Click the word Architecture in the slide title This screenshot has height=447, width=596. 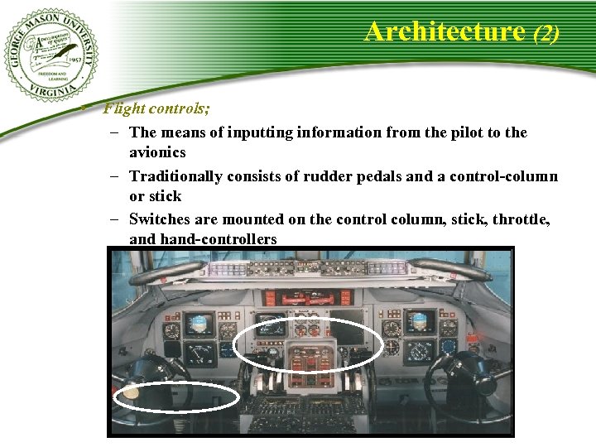(x=445, y=31)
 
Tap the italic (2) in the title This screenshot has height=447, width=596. (x=546, y=33)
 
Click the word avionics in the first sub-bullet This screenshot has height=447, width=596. (x=157, y=152)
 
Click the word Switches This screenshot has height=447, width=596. (x=161, y=219)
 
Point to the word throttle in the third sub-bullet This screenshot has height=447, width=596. (x=521, y=219)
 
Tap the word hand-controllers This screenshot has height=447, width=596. (x=203, y=239)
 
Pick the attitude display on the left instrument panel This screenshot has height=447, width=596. (x=199, y=324)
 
